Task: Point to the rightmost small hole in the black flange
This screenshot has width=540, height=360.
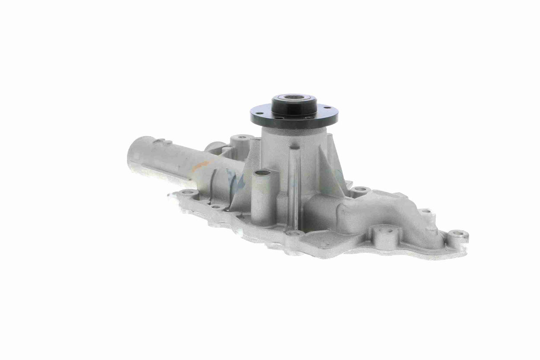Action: pos(328,108)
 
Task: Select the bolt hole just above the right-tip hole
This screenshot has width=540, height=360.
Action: pos(425,212)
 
